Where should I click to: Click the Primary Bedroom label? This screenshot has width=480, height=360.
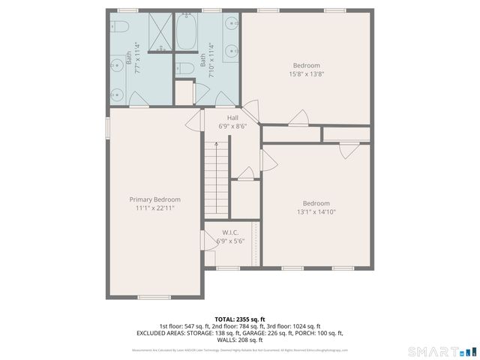[154, 199]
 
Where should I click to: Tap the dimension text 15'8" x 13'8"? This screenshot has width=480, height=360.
[306, 73]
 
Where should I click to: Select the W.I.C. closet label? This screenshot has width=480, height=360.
[230, 232]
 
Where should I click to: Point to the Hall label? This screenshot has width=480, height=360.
[232, 118]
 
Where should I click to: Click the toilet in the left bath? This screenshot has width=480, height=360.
[119, 27]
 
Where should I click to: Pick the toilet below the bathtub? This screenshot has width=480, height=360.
[187, 69]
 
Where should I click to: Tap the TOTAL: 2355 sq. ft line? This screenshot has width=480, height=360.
[239, 319]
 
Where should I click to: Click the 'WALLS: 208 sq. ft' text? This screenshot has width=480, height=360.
[239, 340]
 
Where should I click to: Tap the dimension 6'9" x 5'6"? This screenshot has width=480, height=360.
[230, 241]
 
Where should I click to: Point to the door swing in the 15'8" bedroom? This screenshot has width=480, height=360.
[298, 118]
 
